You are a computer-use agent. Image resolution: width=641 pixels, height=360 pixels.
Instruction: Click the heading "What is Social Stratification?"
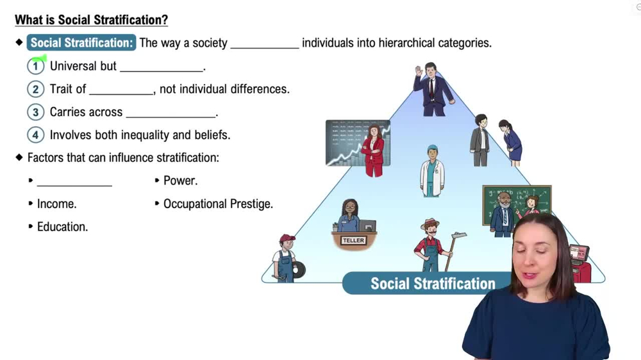tap(91, 20)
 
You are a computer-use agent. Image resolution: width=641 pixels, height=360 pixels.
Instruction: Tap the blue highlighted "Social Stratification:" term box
tap(81, 43)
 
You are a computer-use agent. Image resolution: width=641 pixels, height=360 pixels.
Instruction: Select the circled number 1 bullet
tap(36, 66)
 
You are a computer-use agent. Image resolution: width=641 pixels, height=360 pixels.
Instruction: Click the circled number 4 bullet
tap(36, 135)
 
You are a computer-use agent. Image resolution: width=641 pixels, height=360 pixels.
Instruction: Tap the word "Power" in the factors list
tap(179, 181)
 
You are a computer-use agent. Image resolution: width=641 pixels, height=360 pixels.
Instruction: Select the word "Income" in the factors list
tap(56, 204)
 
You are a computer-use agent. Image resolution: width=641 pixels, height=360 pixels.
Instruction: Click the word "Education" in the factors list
tap(62, 227)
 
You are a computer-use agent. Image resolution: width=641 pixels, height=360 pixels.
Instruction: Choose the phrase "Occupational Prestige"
tap(218, 204)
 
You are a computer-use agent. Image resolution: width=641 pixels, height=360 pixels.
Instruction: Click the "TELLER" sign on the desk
tap(353, 240)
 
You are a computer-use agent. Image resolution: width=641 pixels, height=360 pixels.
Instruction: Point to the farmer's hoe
tap(456, 240)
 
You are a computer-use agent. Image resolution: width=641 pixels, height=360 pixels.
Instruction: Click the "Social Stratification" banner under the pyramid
tap(432, 284)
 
